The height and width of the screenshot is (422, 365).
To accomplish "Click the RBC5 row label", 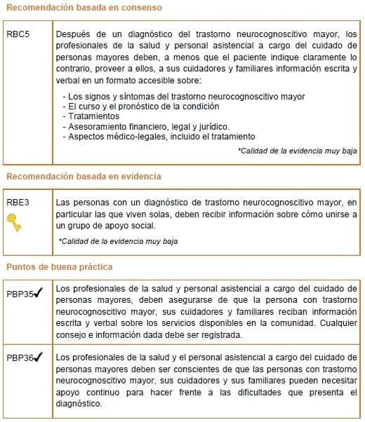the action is click(18, 34).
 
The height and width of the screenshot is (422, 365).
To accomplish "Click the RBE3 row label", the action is click(18, 202).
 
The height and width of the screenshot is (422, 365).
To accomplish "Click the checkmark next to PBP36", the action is click(39, 357).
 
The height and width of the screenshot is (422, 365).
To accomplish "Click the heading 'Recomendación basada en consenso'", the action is click(85, 8).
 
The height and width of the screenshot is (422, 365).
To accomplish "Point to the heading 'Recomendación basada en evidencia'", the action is click(84, 176).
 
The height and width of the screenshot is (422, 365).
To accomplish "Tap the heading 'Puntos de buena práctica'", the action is click(60, 267).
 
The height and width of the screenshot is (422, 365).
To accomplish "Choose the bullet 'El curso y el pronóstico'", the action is click(140, 107).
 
